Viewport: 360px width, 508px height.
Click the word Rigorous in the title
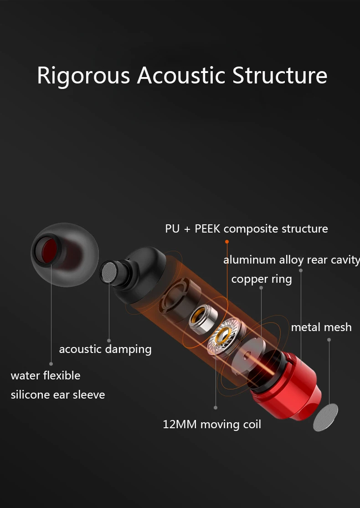point(83,76)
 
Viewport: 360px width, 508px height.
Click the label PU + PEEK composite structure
point(246,228)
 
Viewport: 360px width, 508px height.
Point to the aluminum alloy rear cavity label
point(291,260)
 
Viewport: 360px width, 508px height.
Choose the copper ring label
point(261,279)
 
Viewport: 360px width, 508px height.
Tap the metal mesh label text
point(321,327)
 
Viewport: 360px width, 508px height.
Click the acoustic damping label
point(105,349)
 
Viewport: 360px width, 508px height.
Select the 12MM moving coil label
point(212,425)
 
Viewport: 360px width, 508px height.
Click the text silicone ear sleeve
point(58,394)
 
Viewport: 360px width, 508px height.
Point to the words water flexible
point(46,376)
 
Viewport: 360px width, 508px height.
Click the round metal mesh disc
point(325,417)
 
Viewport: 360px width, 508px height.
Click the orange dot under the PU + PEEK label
point(226,241)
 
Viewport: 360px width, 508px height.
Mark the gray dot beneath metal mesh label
point(329,340)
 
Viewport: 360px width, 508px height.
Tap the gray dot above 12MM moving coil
point(216,408)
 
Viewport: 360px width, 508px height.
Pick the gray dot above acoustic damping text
point(109,340)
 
